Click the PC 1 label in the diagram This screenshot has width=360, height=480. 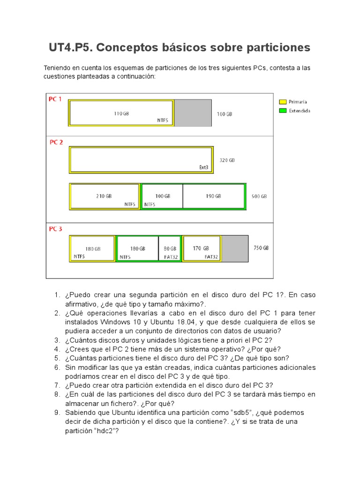tap(55, 99)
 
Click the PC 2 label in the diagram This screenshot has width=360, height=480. tap(56, 142)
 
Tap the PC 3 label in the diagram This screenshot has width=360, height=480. tap(56, 229)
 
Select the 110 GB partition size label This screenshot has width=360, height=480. tap(121, 113)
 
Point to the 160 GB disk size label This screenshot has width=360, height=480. tap(224, 114)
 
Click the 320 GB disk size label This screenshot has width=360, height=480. tap(227, 160)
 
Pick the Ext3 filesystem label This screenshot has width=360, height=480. tap(204, 167)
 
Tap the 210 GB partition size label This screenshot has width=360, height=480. tap(104, 196)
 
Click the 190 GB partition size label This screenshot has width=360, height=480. tap(213, 196)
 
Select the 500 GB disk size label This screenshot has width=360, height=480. tap(259, 196)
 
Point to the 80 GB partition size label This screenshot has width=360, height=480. tap(170, 249)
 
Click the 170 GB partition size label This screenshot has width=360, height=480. tap(201, 248)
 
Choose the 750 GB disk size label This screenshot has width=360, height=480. tap(261, 248)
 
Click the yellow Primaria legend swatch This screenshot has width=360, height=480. tap(283, 102)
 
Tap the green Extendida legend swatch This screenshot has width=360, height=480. tap(283, 111)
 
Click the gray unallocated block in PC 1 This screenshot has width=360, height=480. tap(193, 113)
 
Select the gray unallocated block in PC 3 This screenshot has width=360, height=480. tap(234, 248)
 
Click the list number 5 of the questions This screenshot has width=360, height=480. tap(57, 358)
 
